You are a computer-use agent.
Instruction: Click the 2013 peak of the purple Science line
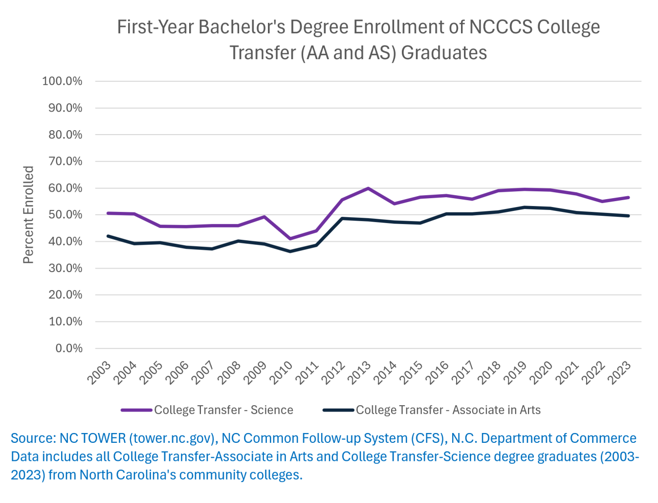(x=368, y=188)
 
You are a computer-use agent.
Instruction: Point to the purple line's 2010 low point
(x=290, y=239)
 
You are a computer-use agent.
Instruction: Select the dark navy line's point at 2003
(x=108, y=236)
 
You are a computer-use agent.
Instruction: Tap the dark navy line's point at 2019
(x=525, y=207)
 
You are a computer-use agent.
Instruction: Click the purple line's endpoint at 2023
(x=629, y=197)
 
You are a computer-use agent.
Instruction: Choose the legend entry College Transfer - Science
(x=208, y=410)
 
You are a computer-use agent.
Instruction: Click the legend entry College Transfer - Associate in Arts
(x=432, y=410)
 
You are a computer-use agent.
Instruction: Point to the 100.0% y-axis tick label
(x=62, y=81)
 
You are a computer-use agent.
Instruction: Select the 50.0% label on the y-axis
(x=65, y=215)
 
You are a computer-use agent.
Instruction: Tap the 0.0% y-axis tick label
(x=68, y=348)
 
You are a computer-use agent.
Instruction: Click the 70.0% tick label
(x=65, y=161)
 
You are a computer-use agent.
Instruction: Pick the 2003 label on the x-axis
(x=100, y=373)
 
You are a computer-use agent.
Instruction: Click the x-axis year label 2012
(x=334, y=373)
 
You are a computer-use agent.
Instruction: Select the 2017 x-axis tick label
(x=463, y=373)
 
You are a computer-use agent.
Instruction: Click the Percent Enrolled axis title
(x=28, y=215)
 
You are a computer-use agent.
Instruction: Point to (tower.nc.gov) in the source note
(x=173, y=438)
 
